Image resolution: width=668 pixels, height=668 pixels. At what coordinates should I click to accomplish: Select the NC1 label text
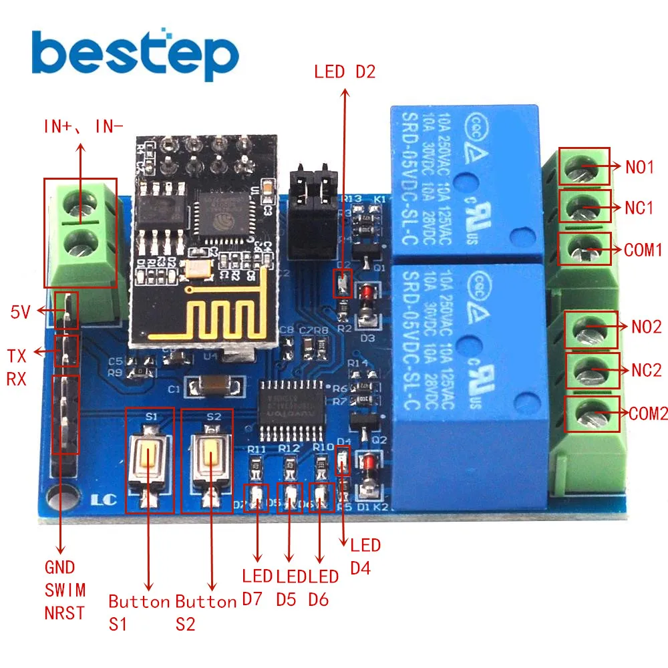coord(639,208)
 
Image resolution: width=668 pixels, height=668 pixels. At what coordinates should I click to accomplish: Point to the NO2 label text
coord(646,327)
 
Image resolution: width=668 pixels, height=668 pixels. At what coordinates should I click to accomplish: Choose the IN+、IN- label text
coord(83,126)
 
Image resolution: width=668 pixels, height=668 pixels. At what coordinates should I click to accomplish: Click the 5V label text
coord(20,311)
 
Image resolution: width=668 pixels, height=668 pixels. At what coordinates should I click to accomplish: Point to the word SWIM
coord(65,590)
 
